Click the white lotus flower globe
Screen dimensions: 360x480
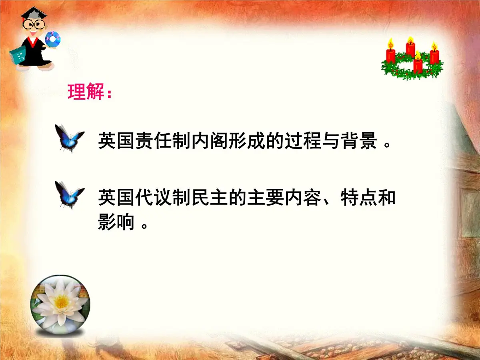[60, 306]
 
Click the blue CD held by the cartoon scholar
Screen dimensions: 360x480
[52, 39]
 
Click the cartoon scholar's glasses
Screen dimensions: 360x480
[34, 23]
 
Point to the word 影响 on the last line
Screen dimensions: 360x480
[116, 222]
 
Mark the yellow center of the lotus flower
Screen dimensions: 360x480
[61, 302]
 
